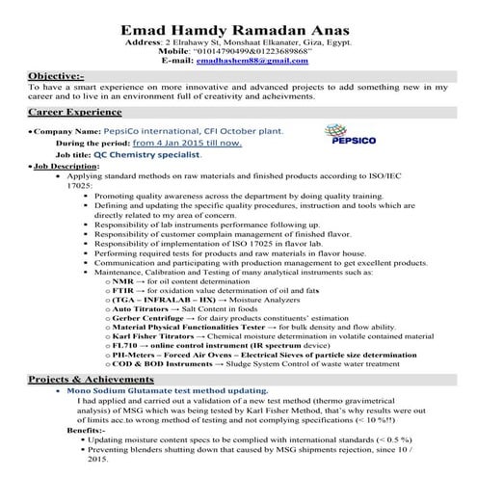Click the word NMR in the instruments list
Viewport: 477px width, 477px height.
[x=123, y=279]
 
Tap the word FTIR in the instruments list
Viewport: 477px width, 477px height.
[x=125, y=290]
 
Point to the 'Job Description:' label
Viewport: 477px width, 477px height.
[x=66, y=166]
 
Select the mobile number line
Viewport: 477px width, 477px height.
[x=239, y=50]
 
